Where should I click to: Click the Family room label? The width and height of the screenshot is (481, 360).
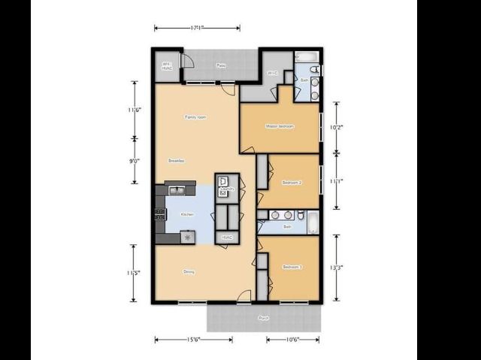pyautogui.click(x=195, y=117)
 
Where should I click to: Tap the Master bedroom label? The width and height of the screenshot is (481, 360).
pyautogui.click(x=280, y=126)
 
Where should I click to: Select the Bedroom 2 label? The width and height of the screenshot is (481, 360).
pyautogui.click(x=292, y=183)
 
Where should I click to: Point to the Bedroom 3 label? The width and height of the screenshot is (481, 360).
pyautogui.click(x=292, y=267)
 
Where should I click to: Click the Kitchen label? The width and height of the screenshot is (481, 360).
pyautogui.click(x=187, y=214)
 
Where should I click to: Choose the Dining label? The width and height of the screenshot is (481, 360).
pyautogui.click(x=189, y=272)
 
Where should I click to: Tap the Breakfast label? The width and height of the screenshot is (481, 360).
pyautogui.click(x=177, y=161)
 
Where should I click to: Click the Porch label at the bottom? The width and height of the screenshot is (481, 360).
pyautogui.click(x=263, y=318)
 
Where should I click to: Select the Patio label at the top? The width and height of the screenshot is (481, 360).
pyautogui.click(x=221, y=65)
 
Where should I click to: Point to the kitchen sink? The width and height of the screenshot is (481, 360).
pyautogui.click(x=176, y=189)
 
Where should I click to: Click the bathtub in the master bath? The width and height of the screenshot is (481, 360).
pyautogui.click(x=307, y=56)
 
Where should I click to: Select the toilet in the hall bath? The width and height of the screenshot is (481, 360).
pyautogui.click(x=300, y=216)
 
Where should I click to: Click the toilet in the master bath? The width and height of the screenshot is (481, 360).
pyautogui.click(x=316, y=70)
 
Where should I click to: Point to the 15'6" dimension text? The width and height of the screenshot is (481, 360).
pyautogui.click(x=192, y=340)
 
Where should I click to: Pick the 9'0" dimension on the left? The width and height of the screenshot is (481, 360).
pyautogui.click(x=135, y=161)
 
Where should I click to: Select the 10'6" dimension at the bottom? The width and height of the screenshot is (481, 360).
pyautogui.click(x=292, y=340)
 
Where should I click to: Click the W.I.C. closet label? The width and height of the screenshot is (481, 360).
pyautogui.click(x=272, y=73)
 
